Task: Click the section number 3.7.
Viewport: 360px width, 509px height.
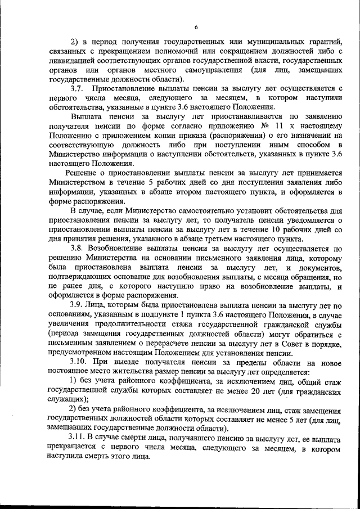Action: pyautogui.click(x=77, y=88)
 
